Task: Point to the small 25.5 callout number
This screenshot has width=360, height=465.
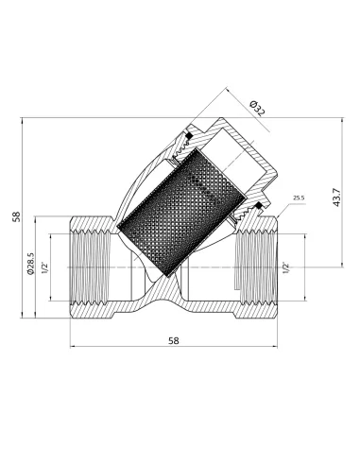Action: click(x=299, y=198)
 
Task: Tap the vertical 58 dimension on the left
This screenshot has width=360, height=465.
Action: click(x=16, y=217)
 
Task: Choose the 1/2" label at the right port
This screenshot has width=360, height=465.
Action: click(x=286, y=268)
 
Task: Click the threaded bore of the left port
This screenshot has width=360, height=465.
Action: click(x=90, y=269)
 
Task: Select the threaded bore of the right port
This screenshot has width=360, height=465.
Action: click(x=255, y=269)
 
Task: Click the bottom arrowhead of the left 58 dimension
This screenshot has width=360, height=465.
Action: click(x=22, y=321)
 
